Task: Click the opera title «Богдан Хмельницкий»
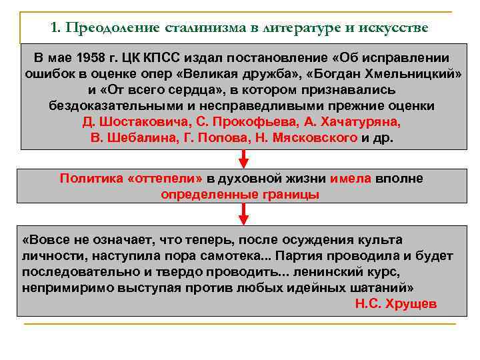click(x=385, y=74)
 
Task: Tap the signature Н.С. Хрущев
click(x=396, y=303)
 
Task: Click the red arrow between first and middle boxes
click(x=243, y=159)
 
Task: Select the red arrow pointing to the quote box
click(x=243, y=214)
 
